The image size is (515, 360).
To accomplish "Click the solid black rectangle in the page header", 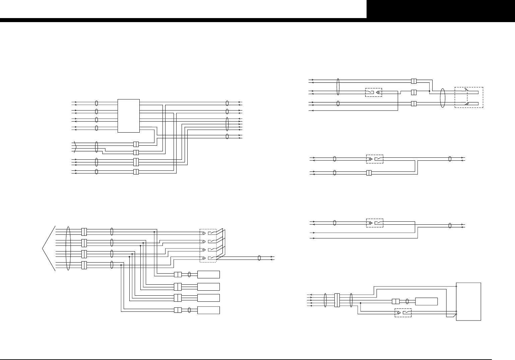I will tap(441, 9).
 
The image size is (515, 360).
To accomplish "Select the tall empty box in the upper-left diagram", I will tap(129, 116).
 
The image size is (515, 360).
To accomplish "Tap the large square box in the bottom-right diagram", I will tap(469, 301).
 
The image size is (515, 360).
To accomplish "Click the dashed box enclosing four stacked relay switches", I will tap(208, 245).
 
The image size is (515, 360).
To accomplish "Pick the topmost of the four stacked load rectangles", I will tap(208, 275).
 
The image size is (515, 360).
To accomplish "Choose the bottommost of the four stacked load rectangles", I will tap(208, 310).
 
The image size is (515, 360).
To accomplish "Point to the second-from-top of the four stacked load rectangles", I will tap(208, 287).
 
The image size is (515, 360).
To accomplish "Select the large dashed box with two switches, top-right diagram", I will tap(469, 97).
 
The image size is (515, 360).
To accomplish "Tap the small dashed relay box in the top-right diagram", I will tap(373, 92).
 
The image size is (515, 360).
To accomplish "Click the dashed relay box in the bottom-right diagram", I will tap(403, 313).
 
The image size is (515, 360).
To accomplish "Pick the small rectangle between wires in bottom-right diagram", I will tap(426, 301).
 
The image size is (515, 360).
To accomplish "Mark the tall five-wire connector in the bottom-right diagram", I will tap(337, 300).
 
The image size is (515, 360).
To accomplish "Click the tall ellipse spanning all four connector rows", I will tap(68, 248).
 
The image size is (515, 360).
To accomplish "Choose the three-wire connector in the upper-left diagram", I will tap(136, 162).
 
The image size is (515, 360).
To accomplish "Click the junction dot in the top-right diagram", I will tap(429, 91).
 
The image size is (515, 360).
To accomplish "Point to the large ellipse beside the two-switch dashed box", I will tap(443, 98).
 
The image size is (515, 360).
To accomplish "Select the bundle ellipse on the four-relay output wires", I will tap(259, 258).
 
